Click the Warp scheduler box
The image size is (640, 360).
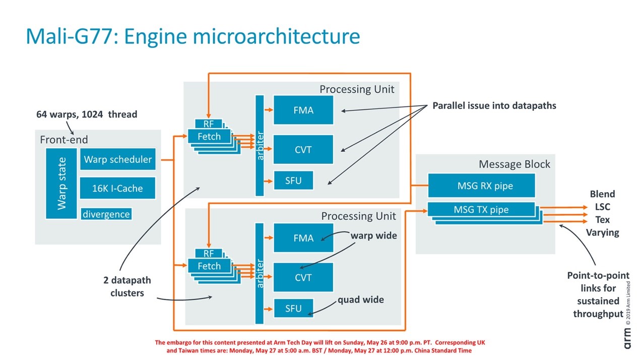point(118,159)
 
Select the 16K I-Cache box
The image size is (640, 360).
point(117,188)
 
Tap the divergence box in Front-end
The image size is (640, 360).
point(106,214)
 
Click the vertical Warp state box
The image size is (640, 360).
point(61,184)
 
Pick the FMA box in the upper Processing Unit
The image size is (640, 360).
point(303,110)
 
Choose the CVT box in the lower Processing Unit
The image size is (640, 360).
point(303,277)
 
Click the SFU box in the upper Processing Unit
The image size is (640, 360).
point(293,181)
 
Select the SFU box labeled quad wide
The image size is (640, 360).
point(293,308)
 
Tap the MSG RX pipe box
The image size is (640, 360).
point(481,186)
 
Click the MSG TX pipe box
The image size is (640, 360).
point(481,209)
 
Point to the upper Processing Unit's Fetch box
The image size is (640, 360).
point(209,137)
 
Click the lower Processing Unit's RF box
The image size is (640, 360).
point(209,253)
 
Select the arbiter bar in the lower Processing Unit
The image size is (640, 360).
point(260,274)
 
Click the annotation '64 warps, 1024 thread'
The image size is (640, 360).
point(87,114)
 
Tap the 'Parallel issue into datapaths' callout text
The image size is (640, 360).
point(494,105)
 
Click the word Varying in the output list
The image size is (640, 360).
point(603,232)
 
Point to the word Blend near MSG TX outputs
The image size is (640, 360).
point(603,194)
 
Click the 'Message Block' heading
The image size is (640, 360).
point(515,164)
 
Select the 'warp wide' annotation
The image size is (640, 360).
point(374,235)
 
